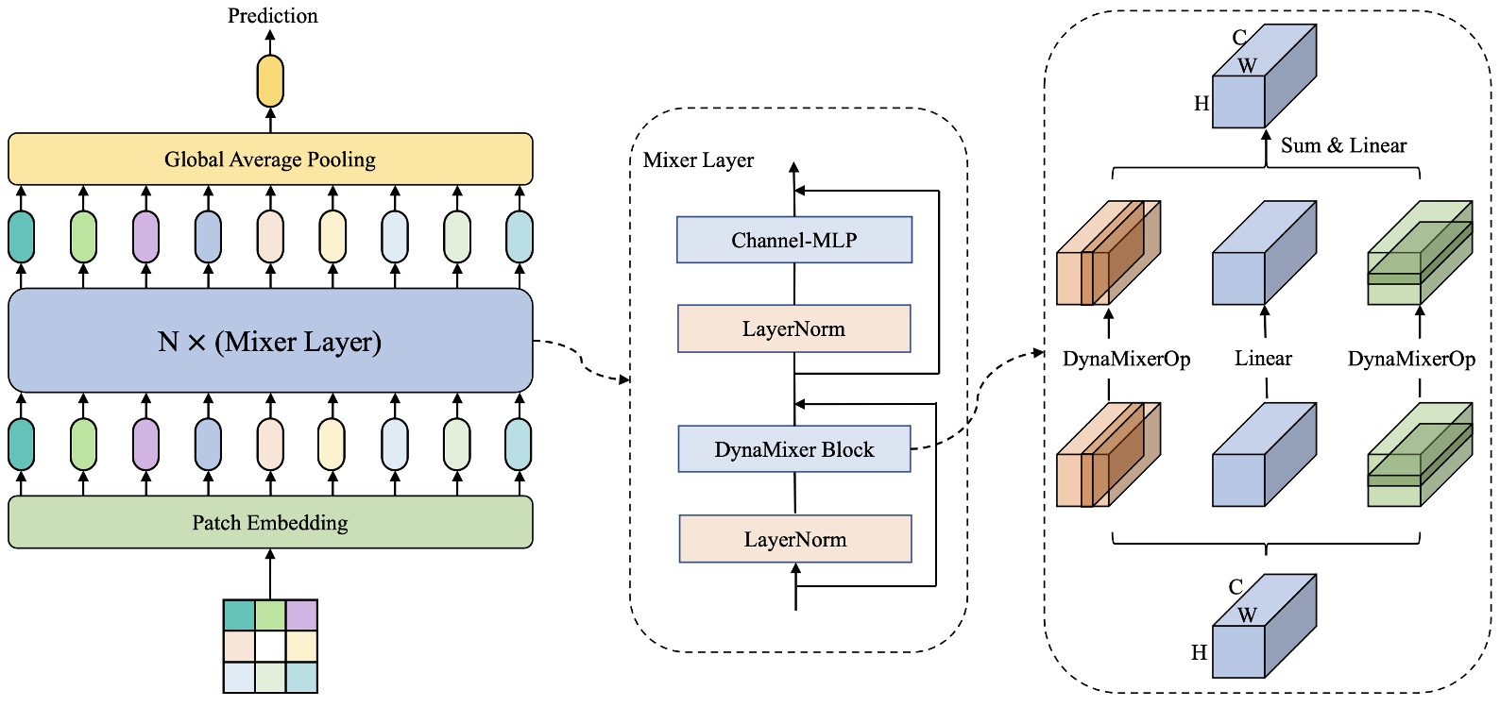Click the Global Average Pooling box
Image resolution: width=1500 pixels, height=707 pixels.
click(270, 159)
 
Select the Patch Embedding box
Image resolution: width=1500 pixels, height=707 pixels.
click(270, 522)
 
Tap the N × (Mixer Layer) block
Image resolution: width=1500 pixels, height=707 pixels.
click(270, 341)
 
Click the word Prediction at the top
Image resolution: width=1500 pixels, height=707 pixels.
click(272, 15)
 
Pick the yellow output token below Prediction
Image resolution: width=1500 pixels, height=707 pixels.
click(270, 81)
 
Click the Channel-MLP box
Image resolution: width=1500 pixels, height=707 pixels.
click(793, 240)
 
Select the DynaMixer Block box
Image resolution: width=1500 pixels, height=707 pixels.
click(793, 449)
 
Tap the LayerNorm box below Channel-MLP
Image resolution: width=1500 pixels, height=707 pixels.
click(793, 328)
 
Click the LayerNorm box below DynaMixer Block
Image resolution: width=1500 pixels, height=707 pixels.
click(794, 539)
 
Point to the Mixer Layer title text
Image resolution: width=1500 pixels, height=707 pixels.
click(698, 160)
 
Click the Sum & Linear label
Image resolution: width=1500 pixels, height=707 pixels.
click(1343, 145)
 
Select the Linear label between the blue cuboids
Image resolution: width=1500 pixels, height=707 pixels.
click(1263, 359)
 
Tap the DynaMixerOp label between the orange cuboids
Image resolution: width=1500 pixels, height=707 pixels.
click(1126, 360)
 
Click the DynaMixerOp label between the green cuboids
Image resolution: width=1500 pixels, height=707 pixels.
click(1411, 360)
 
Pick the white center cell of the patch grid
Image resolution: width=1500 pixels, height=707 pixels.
click(270, 647)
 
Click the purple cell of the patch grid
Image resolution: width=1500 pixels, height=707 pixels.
click(301, 615)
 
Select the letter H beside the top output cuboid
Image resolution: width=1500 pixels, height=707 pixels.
click(1202, 104)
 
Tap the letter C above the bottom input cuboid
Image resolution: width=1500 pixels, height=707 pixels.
click(1236, 587)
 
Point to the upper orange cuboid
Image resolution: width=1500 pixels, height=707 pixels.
click(1107, 253)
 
